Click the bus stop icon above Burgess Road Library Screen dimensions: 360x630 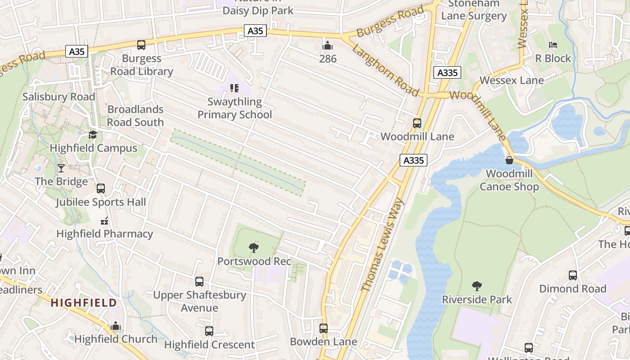point(141,45)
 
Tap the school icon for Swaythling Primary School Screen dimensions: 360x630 point(234,88)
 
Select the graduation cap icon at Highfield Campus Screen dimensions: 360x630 point(93,135)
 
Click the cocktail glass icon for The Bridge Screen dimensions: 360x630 point(61,168)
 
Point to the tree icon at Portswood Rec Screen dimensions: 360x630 point(254,247)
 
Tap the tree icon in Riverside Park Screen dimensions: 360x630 point(477,286)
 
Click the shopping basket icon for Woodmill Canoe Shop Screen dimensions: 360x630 point(509,160)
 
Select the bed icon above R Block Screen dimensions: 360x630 point(553,45)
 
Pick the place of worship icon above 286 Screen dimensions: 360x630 point(328,45)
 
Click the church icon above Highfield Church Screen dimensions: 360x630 point(116,325)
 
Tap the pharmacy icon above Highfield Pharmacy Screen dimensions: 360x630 point(104,220)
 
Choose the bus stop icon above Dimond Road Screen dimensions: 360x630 point(572,275)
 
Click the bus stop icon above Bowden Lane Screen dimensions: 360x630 point(324,328)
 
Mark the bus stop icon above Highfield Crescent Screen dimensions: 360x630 point(209,331)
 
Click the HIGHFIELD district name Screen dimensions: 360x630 point(84,303)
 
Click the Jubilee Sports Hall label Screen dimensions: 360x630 point(101,202)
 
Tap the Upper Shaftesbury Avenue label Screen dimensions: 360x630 point(199,301)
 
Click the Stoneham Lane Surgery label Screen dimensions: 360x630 point(473,9)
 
